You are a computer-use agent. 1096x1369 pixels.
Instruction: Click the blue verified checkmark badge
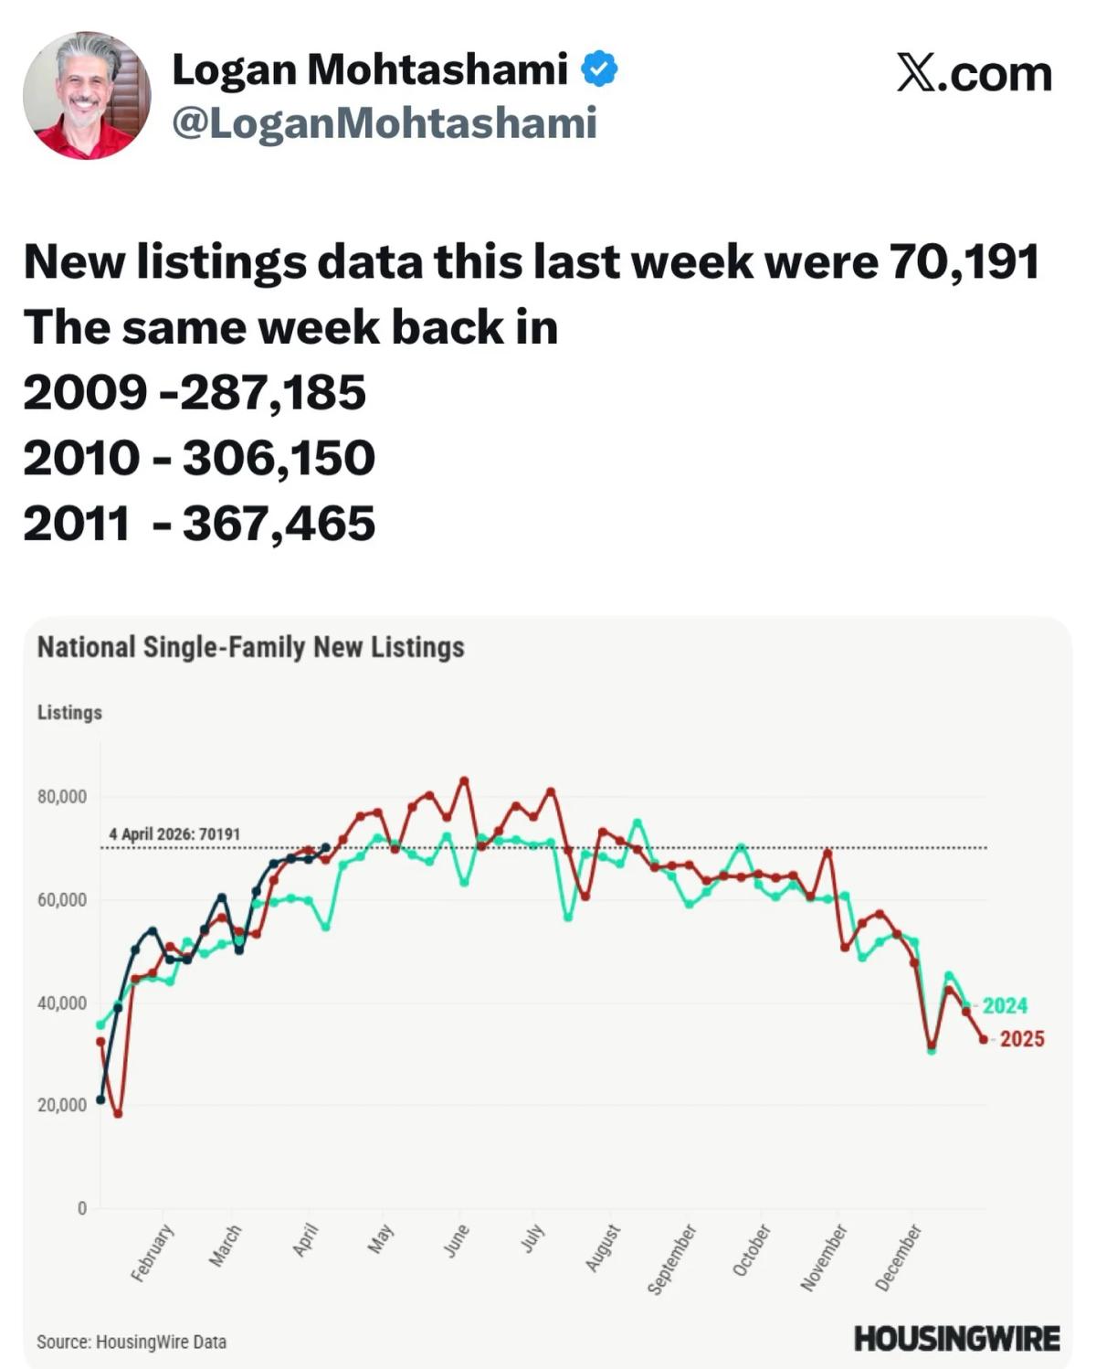coord(599,69)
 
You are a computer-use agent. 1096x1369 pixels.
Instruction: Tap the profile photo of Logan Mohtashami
coord(87,95)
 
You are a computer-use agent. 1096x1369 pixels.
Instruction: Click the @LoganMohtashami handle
coord(384,123)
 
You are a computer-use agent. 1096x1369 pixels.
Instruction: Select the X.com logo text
coord(974,73)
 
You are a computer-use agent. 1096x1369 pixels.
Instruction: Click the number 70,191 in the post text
coord(964,262)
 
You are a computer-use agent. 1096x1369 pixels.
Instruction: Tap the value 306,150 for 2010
coord(279,458)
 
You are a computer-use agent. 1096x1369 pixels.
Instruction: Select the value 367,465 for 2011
coord(279,524)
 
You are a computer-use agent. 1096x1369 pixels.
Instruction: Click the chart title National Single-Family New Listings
coord(250,647)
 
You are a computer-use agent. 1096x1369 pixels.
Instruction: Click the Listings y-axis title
coord(69,712)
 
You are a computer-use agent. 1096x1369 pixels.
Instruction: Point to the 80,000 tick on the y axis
coord(62,797)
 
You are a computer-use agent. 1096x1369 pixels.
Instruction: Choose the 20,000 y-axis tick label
coord(62,1105)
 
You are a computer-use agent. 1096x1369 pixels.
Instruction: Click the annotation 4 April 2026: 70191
coord(174,834)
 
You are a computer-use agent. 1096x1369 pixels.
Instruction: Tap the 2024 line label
coord(1005,1005)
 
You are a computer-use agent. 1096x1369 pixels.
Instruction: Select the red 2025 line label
coord(1021,1039)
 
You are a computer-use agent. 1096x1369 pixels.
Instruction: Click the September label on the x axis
coord(672,1259)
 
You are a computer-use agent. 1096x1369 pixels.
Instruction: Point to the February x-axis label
coord(152,1253)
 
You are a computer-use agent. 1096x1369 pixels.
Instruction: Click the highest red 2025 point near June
coord(464,780)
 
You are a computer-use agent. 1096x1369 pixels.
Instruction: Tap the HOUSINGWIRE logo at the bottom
coord(956,1339)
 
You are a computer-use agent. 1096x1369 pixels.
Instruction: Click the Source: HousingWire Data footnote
coord(132,1342)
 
